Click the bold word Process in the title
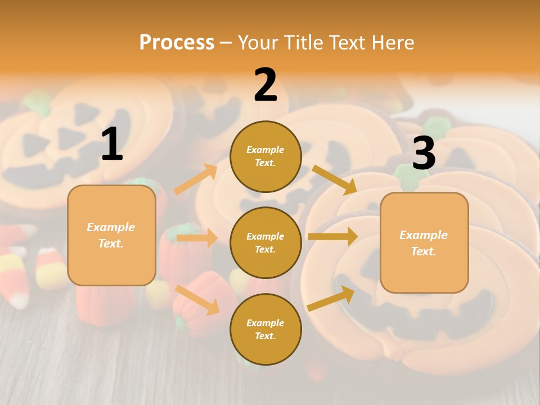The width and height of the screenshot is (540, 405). click(x=177, y=43)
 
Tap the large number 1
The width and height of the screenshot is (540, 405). click(x=112, y=145)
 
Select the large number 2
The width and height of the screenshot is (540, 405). click(x=265, y=85)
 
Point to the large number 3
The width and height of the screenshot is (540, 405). click(x=424, y=154)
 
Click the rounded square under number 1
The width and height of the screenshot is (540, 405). click(x=111, y=235)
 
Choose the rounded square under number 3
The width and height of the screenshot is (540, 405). click(x=424, y=242)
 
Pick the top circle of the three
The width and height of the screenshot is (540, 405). click(x=265, y=156)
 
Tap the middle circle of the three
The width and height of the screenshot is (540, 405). click(x=265, y=242)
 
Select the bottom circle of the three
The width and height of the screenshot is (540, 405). click(x=265, y=329)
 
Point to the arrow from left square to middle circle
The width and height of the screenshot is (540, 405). click(x=196, y=238)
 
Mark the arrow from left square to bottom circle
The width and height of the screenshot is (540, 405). click(x=197, y=300)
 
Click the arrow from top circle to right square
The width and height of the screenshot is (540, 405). click(x=334, y=179)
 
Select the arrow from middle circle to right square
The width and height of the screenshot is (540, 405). click(x=332, y=237)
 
